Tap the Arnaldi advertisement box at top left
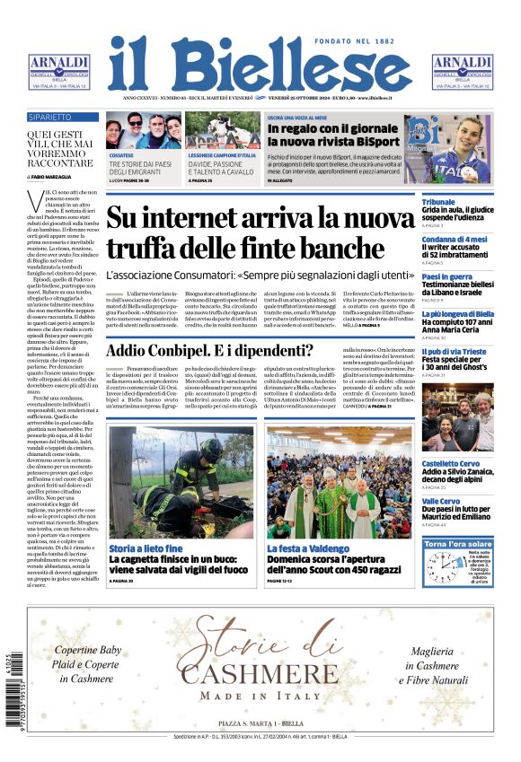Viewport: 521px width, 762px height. pos(58,72)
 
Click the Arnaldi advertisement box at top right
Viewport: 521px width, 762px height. pos(463,72)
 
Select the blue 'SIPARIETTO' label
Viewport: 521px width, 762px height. pos(50,118)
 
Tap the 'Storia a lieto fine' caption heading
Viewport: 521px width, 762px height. pos(146,547)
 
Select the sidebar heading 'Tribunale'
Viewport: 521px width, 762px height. pos(438,203)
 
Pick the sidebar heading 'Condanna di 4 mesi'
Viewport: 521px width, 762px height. pos(455,240)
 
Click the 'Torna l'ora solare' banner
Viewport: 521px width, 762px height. pos(458,544)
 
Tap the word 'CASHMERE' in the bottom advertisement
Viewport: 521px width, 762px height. pos(260,675)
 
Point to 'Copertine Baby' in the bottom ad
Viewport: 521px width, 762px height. pos(87,650)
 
